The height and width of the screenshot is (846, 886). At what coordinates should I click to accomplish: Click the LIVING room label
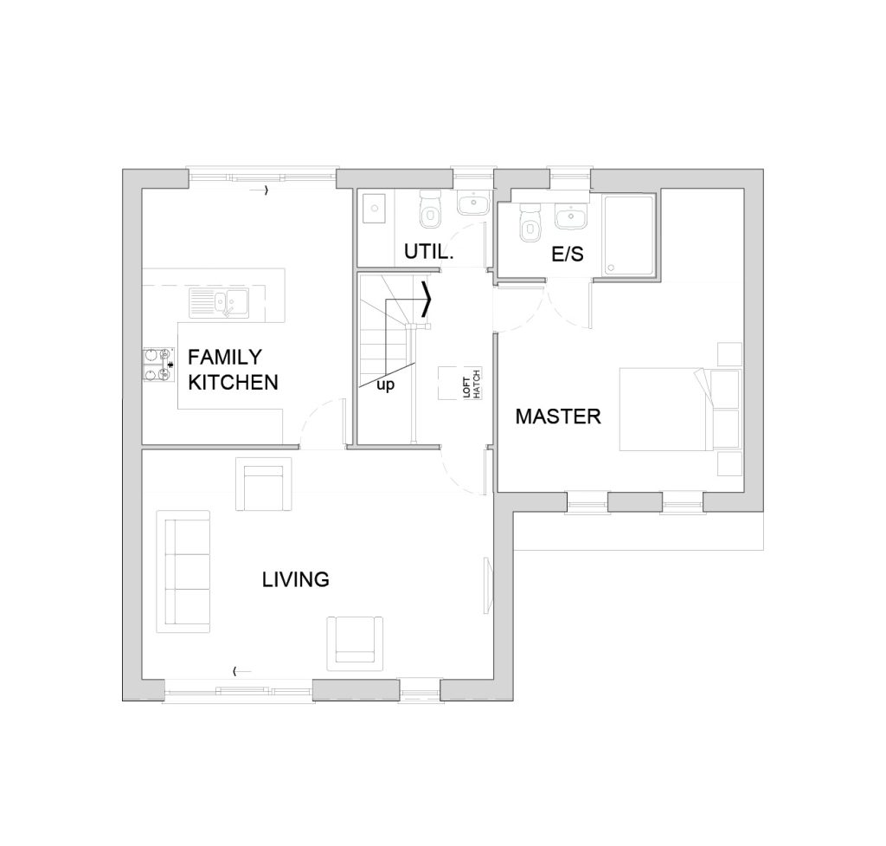coord(296,579)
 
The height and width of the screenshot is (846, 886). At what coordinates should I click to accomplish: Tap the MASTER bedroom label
coord(558,417)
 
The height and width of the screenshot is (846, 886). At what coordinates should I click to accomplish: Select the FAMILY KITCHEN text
coord(233,370)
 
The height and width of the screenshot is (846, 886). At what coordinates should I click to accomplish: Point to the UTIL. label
coord(429,252)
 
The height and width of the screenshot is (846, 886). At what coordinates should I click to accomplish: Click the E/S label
coord(568,255)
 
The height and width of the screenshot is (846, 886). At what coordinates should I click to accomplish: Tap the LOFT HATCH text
coord(472,384)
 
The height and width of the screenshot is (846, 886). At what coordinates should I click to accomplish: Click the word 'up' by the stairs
coord(385,386)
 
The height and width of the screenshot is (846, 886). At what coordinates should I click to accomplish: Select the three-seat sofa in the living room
coord(183,572)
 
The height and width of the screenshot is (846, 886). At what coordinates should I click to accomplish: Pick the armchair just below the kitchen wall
coord(264,484)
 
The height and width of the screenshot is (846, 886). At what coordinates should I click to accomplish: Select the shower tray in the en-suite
coord(629,236)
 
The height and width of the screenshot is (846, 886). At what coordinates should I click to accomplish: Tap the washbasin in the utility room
coord(473,203)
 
